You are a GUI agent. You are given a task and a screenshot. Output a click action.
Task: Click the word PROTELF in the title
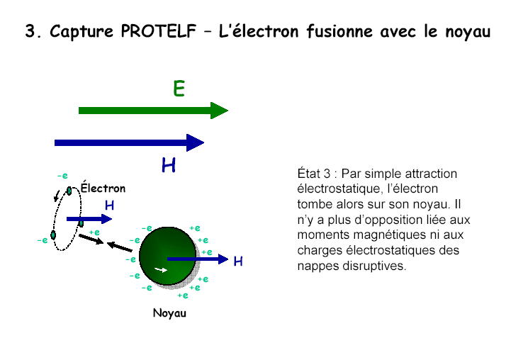[159, 31]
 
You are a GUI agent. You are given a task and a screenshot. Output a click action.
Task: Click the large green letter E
[179, 89]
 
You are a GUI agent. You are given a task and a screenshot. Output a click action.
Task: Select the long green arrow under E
[153, 111]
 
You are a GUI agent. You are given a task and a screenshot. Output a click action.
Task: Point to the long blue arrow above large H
[129, 142]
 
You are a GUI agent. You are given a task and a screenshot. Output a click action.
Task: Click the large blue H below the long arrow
[169, 165]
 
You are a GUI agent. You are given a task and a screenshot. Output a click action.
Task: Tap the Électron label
[103, 187]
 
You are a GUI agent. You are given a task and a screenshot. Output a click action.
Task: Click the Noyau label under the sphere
[170, 313]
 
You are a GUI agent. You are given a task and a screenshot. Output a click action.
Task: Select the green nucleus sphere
[167, 256]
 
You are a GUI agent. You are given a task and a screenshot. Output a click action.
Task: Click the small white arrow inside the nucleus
[161, 269]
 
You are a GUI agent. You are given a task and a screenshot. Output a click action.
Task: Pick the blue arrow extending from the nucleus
[198, 259]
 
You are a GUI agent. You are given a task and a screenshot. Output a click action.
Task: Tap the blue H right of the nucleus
[238, 261]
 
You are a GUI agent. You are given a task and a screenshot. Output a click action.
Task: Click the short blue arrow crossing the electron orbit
[89, 219]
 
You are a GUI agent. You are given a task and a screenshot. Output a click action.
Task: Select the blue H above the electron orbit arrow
[109, 206]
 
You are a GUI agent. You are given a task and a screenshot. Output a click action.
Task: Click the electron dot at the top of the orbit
[69, 191]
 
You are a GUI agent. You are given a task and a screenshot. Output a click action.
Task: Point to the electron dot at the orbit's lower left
[53, 235]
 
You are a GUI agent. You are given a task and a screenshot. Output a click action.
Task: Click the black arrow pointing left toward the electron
[119, 247]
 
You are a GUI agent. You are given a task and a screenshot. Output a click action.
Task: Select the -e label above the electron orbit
[62, 176]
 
